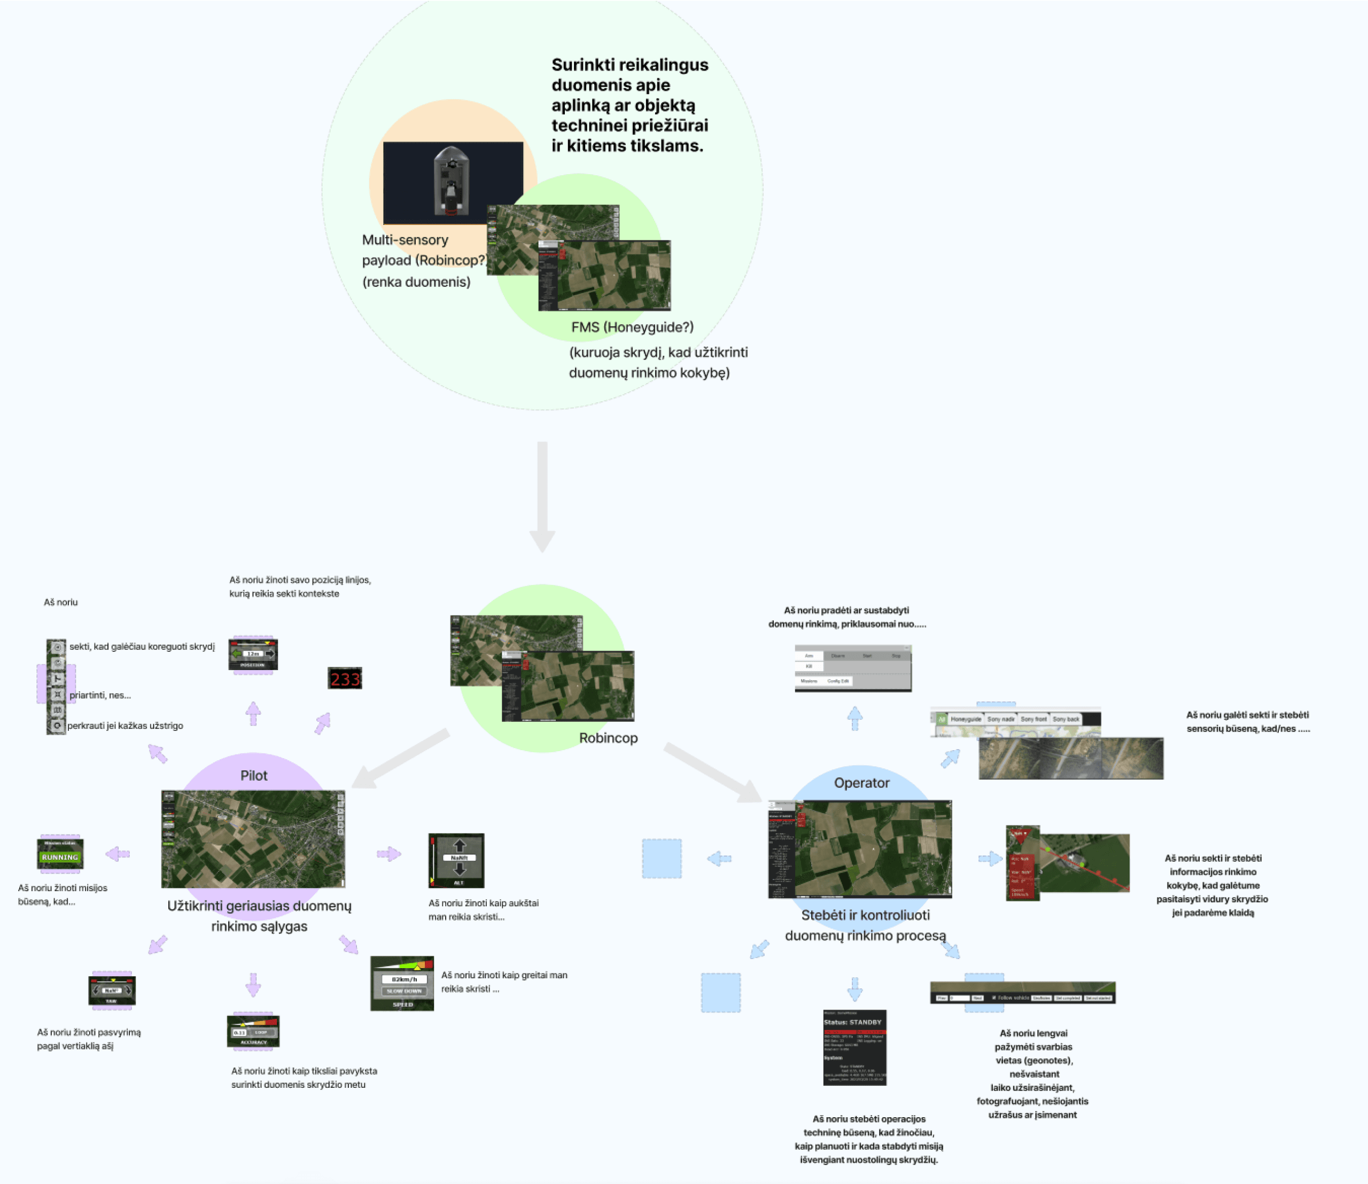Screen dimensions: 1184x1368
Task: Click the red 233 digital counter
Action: click(x=344, y=679)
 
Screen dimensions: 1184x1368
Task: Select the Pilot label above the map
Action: click(x=254, y=776)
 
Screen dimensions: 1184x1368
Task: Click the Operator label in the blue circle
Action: click(x=861, y=783)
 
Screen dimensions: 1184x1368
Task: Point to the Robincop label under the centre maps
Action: click(x=608, y=738)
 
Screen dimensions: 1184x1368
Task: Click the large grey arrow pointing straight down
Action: click(x=542, y=495)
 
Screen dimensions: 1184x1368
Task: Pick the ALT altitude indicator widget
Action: click(x=456, y=860)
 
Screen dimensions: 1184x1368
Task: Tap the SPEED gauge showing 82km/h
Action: click(x=402, y=983)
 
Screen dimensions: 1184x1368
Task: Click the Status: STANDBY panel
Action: click(x=854, y=1047)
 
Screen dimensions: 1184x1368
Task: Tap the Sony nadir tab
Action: click(x=1000, y=719)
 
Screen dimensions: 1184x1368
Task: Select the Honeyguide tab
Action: click(x=966, y=719)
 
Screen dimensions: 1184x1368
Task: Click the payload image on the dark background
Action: click(x=453, y=182)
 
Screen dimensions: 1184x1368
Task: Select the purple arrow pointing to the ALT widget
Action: click(x=388, y=854)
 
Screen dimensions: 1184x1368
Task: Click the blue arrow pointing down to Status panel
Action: click(x=854, y=989)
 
